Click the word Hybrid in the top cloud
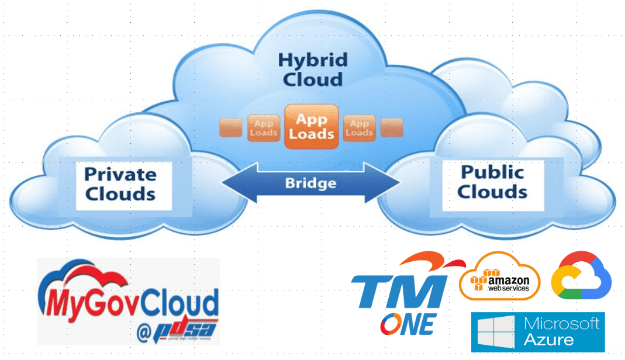[312, 60]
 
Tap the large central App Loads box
[311, 126]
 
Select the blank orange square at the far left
[230, 128]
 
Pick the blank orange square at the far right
[391, 128]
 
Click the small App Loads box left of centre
[263, 128]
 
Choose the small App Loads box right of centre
[359, 128]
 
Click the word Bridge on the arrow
[310, 183]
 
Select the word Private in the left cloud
[120, 174]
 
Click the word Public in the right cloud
[492, 172]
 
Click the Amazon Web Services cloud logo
[500, 277]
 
